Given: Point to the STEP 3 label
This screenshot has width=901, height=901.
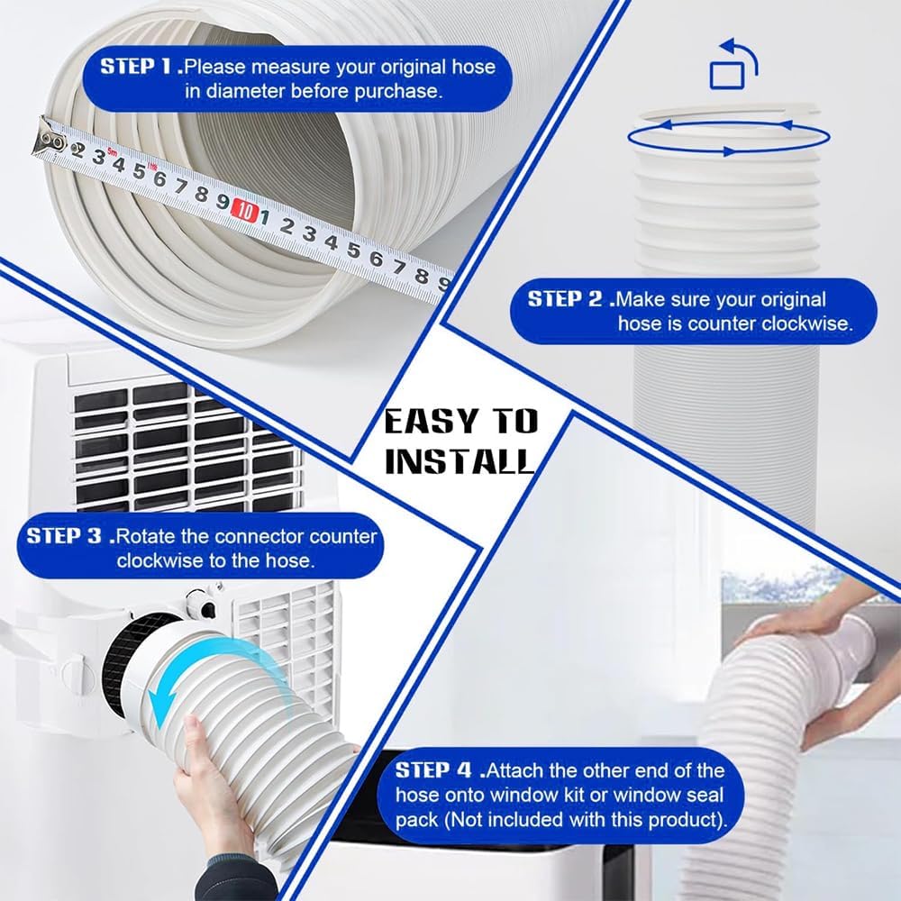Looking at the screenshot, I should point(66,535).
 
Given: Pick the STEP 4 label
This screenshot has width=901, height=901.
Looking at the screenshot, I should point(434,771).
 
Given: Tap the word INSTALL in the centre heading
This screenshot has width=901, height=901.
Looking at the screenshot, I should point(460,461).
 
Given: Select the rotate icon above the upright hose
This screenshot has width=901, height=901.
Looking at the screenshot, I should point(733,66).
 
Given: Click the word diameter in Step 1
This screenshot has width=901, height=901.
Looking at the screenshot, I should point(278,91).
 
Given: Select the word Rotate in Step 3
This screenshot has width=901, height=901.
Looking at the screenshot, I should point(148,536).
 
